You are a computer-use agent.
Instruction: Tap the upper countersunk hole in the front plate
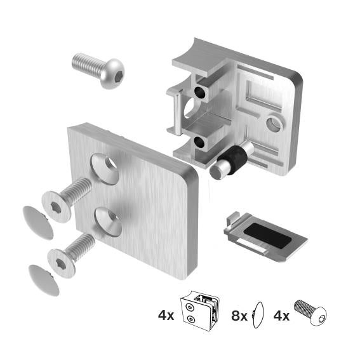104,168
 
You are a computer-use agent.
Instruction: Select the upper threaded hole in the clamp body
201,93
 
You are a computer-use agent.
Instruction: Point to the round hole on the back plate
274,123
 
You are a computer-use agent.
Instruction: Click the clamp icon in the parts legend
201,312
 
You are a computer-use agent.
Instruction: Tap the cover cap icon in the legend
257,314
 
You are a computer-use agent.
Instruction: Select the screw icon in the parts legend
312,314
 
